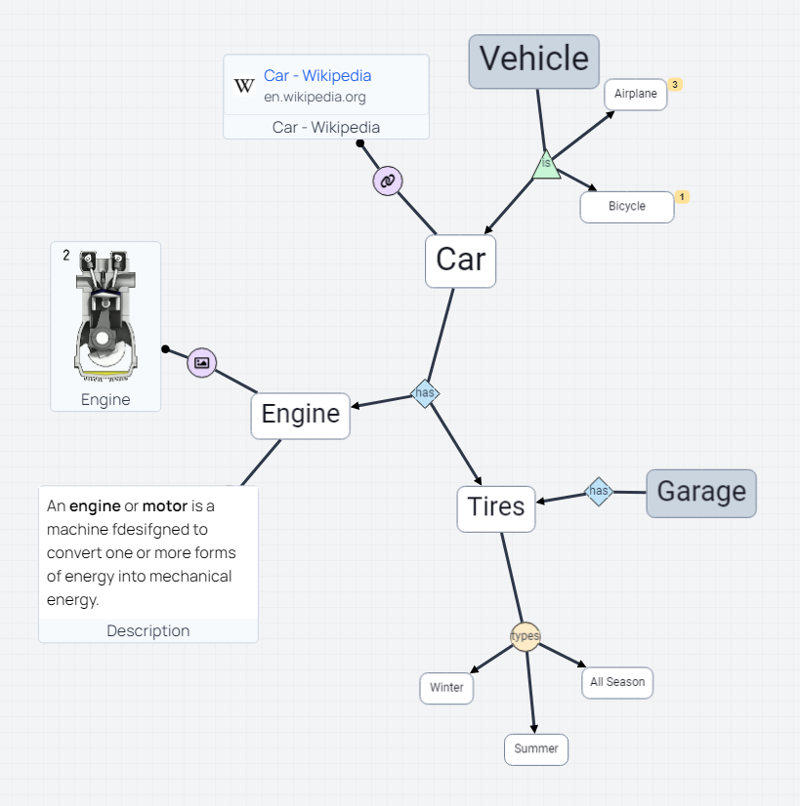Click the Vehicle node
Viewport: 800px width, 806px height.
point(533,60)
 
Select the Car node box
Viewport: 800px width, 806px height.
point(460,261)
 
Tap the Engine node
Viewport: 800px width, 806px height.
point(300,415)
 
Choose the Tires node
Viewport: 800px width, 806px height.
point(496,508)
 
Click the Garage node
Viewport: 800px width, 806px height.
point(700,492)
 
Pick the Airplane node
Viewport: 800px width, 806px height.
point(635,95)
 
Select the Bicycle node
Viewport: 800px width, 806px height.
point(626,207)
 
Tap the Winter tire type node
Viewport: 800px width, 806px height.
point(446,688)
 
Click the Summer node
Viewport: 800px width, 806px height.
point(535,749)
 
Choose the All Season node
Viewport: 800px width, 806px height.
point(617,682)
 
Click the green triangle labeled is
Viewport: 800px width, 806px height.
point(546,166)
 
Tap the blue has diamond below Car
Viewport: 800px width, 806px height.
point(425,393)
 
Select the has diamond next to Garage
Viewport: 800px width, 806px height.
point(598,491)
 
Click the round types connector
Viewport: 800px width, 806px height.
point(526,636)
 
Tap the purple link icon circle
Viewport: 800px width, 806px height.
point(387,181)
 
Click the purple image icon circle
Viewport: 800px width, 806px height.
point(201,362)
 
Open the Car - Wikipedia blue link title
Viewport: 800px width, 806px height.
point(317,76)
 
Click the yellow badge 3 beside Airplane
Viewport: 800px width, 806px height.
point(675,85)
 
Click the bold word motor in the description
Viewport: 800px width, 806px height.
point(164,506)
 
